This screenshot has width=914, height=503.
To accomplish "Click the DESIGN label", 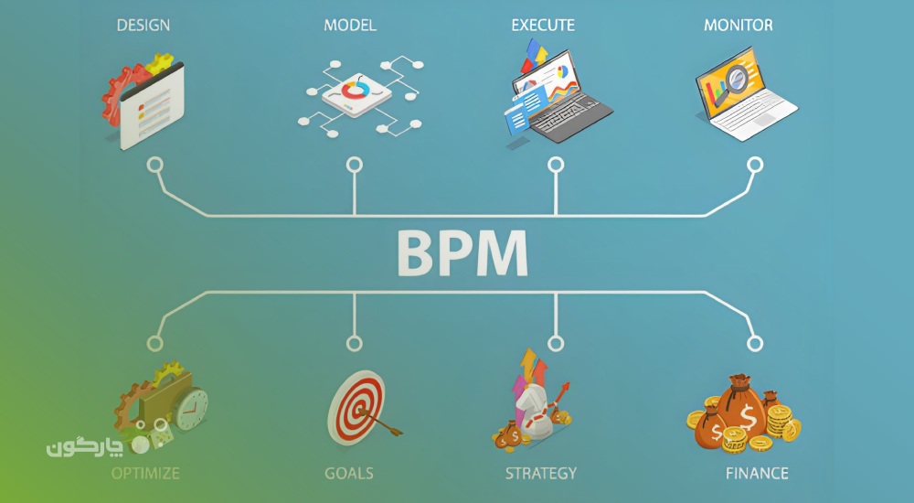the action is point(143,25).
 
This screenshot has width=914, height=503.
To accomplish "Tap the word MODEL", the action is point(350,25).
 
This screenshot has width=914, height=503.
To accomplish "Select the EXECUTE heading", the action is point(543,25).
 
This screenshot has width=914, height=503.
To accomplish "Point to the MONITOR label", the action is point(738,25).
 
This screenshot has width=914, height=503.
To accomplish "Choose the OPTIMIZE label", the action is point(145,473).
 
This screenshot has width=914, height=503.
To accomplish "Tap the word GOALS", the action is point(349,473).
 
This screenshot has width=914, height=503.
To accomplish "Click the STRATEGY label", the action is point(541,473).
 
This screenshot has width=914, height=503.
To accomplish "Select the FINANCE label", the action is point(757,473).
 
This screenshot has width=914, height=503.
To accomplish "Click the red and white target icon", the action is point(356,408).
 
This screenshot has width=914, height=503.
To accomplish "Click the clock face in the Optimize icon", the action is point(191,408).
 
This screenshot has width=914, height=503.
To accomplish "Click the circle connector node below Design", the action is point(154,165).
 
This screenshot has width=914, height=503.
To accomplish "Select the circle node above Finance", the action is point(755,343).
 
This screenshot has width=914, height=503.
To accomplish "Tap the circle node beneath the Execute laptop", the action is point(556,165).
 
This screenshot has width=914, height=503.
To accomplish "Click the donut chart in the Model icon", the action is point(355,90).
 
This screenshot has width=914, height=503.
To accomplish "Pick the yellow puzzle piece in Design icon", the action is point(160,63).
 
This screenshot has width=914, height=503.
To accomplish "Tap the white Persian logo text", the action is point(85,446).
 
